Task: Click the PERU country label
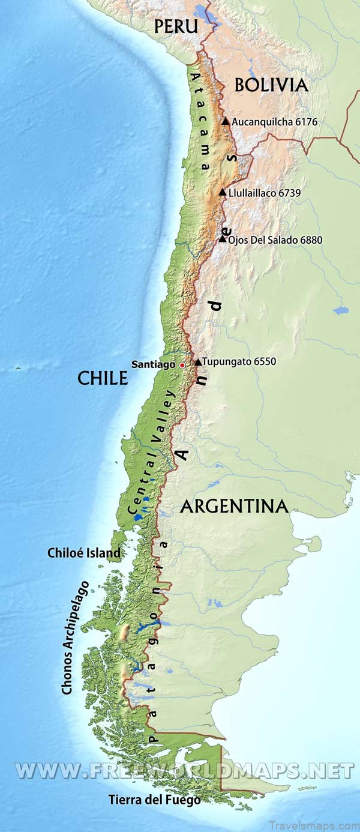[x=176, y=26]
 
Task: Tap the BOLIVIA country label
[x=271, y=85]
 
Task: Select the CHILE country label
[x=103, y=378]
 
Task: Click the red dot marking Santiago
[x=182, y=364]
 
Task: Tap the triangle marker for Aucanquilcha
[x=225, y=121]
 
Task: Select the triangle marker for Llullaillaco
[x=223, y=193]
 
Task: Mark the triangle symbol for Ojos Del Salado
[x=223, y=239]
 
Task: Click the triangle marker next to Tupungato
[x=197, y=362]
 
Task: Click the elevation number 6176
[x=306, y=122]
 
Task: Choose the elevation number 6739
[x=288, y=193]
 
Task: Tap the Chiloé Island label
[x=84, y=553]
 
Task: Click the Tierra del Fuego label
[x=154, y=800]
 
